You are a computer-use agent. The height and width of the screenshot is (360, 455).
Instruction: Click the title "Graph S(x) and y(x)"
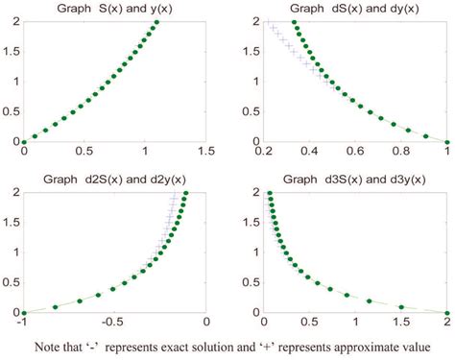[x=114, y=10]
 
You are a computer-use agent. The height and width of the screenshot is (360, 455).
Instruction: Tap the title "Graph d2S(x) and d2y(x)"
[x=114, y=180]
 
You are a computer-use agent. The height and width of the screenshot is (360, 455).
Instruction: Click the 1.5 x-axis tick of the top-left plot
[x=205, y=152]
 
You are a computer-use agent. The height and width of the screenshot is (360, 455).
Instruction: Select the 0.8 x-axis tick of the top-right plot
[x=401, y=152]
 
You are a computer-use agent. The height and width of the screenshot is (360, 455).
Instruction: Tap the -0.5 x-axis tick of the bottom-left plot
[x=113, y=324]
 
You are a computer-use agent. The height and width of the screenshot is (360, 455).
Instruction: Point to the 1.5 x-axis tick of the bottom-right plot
[x=400, y=324]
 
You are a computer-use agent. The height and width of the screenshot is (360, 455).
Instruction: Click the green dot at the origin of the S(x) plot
[x=24, y=141]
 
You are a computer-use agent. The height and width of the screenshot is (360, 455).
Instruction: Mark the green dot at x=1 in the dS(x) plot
[x=447, y=141]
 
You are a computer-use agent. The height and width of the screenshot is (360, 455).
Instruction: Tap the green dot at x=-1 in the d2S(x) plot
[x=24, y=312]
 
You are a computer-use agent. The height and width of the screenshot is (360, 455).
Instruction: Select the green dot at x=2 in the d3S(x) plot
[x=447, y=312]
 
